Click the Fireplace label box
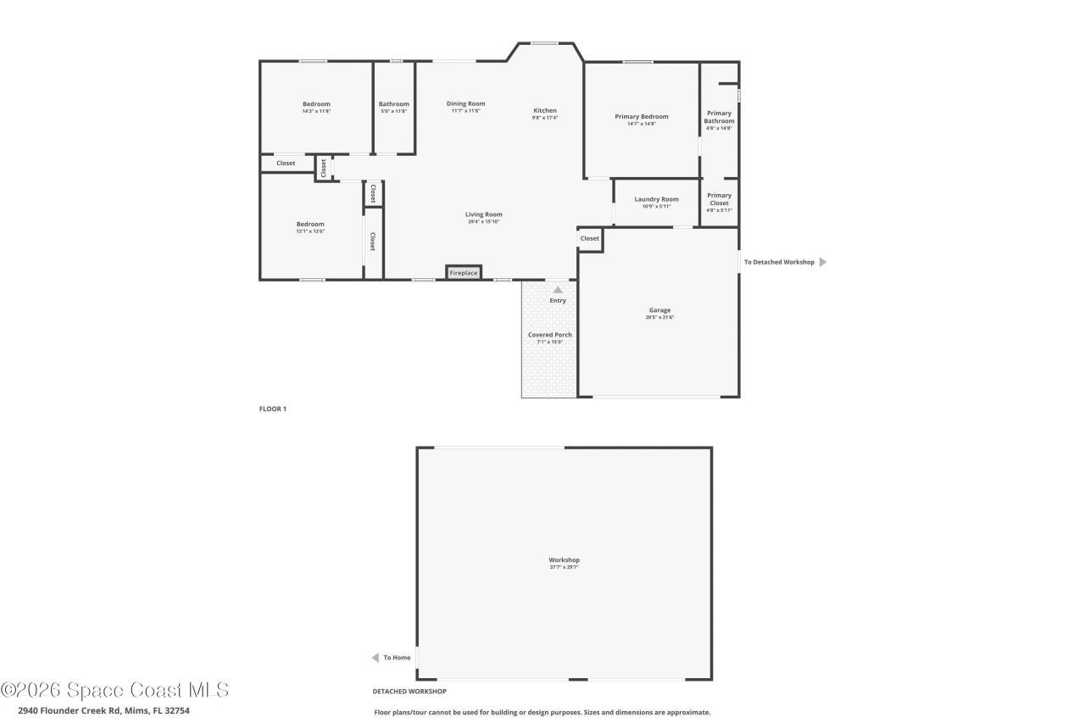coord(464,273)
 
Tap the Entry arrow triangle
coord(558,290)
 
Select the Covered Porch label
coord(549,335)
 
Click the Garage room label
coord(659,310)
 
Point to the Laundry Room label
coord(656,199)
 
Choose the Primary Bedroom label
coord(641,117)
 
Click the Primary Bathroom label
coord(719,117)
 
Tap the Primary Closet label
coord(719,199)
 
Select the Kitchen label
coord(545,111)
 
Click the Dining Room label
coord(465,104)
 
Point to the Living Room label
coord(483,214)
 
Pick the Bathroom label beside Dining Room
coord(393,104)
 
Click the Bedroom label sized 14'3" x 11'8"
coord(316,104)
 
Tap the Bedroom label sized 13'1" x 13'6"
coord(310,225)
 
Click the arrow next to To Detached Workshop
coord(822,262)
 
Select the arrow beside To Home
coord(375,658)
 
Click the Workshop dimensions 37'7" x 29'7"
coord(564,567)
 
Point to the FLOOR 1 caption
coord(273,409)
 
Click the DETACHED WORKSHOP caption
coord(409,692)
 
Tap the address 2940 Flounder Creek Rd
coord(103,710)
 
